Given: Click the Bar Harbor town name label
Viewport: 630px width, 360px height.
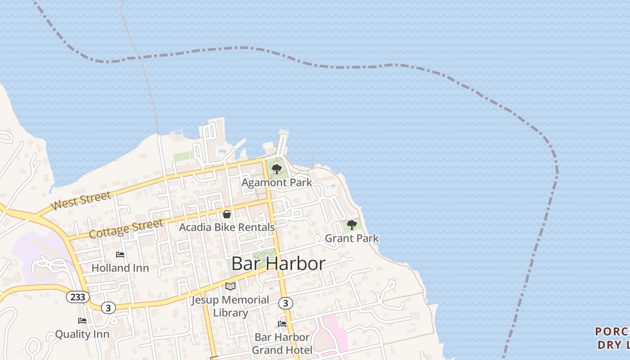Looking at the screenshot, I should (x=278, y=264).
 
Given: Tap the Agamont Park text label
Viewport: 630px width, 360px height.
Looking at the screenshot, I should (x=277, y=183).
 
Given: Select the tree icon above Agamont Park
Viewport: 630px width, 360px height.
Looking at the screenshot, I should (x=277, y=169).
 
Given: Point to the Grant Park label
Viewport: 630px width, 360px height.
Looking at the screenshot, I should (x=351, y=238).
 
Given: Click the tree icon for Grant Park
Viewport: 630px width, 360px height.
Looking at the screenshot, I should (x=352, y=225).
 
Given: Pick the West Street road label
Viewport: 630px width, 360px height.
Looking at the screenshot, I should (x=81, y=201).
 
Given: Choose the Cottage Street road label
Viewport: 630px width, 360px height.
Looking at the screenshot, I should (x=126, y=229).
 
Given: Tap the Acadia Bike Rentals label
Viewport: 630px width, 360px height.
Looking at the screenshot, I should (x=227, y=227).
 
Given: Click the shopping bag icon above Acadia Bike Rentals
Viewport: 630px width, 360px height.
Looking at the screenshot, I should (x=227, y=214).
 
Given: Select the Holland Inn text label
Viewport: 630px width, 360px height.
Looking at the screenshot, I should (x=120, y=268).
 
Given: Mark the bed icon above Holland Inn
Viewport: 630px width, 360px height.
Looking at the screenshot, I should (x=120, y=255).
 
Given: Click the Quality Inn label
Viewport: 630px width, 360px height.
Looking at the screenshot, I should (x=82, y=334).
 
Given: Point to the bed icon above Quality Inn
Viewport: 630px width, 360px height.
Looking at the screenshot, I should (x=82, y=321).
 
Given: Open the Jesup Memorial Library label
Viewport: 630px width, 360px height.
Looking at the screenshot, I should (x=230, y=306).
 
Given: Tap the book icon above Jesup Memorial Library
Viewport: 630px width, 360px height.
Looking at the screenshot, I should (x=230, y=286).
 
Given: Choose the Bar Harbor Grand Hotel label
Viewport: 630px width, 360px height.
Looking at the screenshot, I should (x=282, y=343).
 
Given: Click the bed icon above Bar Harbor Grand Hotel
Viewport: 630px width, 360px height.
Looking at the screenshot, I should (x=282, y=324).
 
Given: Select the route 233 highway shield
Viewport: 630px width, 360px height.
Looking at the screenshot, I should (x=78, y=297).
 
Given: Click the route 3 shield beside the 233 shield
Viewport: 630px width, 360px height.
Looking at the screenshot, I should (x=108, y=308).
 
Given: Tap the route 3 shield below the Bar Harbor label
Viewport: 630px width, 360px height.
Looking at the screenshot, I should (x=285, y=303).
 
